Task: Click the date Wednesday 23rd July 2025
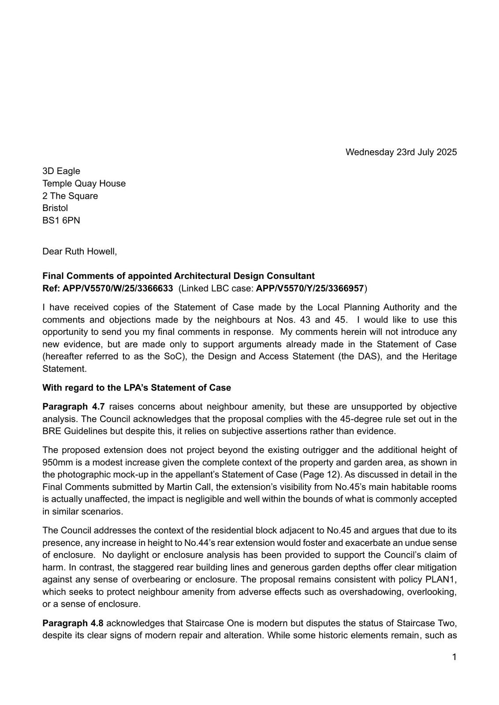(x=401, y=152)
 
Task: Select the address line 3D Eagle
(x=61, y=171)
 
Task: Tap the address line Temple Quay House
(x=84, y=183)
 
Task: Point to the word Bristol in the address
(x=55, y=208)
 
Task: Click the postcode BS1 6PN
(x=61, y=220)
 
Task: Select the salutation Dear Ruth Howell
(x=80, y=252)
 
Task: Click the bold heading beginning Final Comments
(x=179, y=276)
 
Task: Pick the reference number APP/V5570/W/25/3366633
(x=118, y=289)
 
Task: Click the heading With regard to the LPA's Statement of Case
(x=137, y=388)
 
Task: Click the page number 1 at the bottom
(x=454, y=657)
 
